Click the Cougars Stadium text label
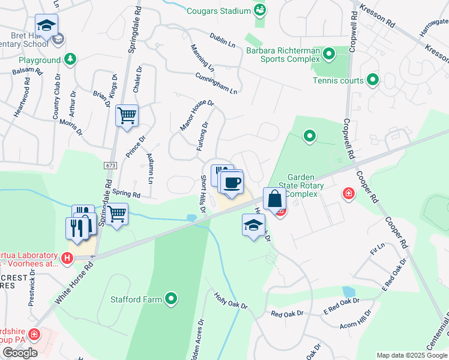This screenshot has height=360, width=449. pyautogui.click(x=217, y=11)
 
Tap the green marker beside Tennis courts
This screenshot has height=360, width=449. pyautogui.click(x=373, y=80)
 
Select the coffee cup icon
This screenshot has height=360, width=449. pyautogui.click(x=232, y=182)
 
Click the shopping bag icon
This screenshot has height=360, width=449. pyautogui.click(x=274, y=199)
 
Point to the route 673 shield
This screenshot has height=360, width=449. pyautogui.click(x=110, y=165)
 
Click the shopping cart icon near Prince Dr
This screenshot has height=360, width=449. pyautogui.click(x=127, y=115)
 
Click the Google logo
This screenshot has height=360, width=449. pyautogui.click(x=20, y=353)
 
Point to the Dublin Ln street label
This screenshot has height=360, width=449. pyautogui.click(x=222, y=40)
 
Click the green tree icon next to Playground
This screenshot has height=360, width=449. pyautogui.click(x=71, y=59)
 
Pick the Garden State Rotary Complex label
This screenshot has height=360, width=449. pyautogui.click(x=305, y=185)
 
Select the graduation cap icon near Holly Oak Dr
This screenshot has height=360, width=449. pyautogui.click(x=253, y=225)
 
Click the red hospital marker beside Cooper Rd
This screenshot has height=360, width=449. pyautogui.click(x=348, y=193)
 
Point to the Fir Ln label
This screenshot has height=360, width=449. pyautogui.click(x=378, y=249)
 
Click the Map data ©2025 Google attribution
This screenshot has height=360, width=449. pyautogui.click(x=411, y=355)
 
